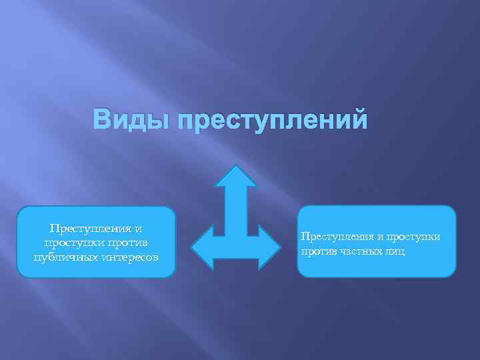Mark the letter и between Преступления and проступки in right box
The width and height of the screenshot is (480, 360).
378,237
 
